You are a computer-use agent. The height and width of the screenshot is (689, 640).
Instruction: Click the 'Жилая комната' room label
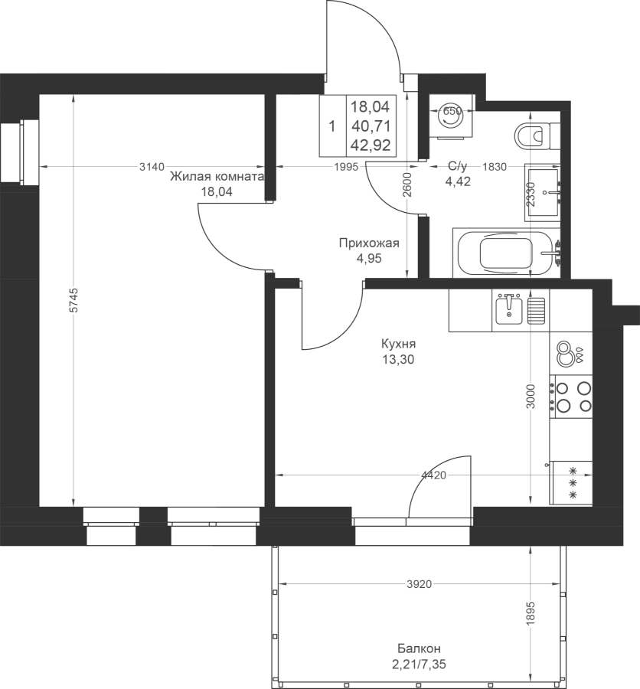(217, 177)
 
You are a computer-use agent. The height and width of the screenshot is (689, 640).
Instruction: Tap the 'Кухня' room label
(398, 343)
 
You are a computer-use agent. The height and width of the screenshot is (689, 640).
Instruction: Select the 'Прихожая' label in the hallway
(369, 243)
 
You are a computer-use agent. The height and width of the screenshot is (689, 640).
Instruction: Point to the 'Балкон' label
(419, 648)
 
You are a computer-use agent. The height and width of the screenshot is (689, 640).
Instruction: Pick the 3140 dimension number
(152, 167)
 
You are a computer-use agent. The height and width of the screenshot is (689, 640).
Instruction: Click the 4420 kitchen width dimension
(433, 475)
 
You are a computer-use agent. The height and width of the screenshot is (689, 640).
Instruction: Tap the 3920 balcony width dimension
(419, 584)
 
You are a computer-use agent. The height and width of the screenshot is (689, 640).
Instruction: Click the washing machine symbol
(452, 116)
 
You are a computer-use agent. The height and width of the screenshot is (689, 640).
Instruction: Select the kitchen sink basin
(509, 310)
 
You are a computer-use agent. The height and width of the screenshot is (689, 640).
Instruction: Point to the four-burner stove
(570, 397)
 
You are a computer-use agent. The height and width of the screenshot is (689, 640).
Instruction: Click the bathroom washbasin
(543, 192)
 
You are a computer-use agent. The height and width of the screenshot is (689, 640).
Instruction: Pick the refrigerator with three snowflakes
(571, 482)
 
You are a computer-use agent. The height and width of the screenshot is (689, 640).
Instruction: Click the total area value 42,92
(371, 145)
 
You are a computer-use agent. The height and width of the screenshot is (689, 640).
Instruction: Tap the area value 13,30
(398, 360)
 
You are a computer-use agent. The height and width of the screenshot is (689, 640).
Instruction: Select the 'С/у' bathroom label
(458, 166)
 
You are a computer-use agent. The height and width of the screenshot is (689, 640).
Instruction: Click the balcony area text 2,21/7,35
(419, 665)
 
